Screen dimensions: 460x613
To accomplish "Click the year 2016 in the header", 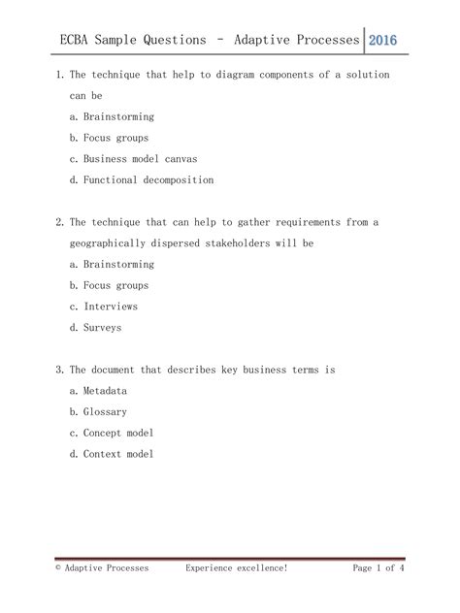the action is coord(383,40).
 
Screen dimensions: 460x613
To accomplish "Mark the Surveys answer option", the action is coord(101,328).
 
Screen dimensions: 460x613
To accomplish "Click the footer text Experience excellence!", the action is coord(237,568).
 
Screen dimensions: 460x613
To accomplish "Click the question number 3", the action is coord(60,370).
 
